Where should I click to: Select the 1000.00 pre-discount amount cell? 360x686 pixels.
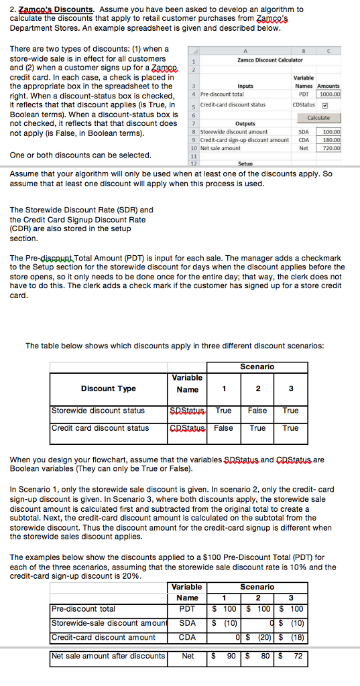pos(328,94)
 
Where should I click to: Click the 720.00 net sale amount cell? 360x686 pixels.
pos(331,147)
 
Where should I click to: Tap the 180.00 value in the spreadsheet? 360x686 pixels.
pos(331,140)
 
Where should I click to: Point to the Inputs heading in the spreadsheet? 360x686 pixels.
pos(245,86)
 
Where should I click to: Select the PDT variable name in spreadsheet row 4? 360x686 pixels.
pos(303,94)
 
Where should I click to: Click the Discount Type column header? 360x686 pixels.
pos(108,389)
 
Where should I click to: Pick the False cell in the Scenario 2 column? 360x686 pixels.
pos(257,411)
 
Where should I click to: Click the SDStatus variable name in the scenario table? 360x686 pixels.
pos(187,411)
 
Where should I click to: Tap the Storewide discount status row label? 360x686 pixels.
pos(98,411)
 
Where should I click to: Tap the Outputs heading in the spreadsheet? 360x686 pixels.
pos(245,124)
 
